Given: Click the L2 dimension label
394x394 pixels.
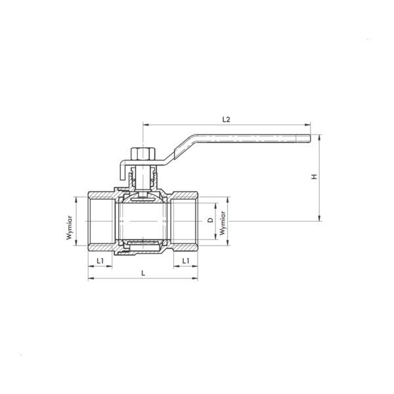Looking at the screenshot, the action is (x=226, y=119).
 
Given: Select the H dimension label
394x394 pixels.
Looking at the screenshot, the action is (x=315, y=177).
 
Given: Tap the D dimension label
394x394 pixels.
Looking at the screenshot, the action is (x=211, y=221).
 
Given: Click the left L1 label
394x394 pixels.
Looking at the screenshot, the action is (x=100, y=261).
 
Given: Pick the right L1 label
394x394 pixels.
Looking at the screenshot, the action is (x=186, y=261).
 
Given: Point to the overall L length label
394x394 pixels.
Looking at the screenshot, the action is (x=143, y=273).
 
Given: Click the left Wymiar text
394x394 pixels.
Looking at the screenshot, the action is (x=70, y=228).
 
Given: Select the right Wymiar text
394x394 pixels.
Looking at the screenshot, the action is (x=223, y=223).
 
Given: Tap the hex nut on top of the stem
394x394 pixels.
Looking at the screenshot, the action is (x=143, y=154).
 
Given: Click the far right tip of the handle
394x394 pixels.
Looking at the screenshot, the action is (x=311, y=139).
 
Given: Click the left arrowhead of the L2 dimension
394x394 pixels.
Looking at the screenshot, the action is (x=146, y=125).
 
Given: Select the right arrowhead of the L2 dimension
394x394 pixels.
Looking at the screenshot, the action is (x=307, y=125).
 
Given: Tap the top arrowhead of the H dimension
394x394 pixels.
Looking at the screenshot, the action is (x=320, y=138).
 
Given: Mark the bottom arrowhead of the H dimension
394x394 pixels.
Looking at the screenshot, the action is (x=320, y=218).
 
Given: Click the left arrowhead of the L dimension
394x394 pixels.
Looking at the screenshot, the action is (x=91, y=278).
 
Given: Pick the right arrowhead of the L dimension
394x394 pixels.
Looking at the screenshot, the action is (x=195, y=278).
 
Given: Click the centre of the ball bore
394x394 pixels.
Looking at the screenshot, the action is (x=143, y=221).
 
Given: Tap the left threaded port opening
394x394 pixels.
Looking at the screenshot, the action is (x=100, y=221).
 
